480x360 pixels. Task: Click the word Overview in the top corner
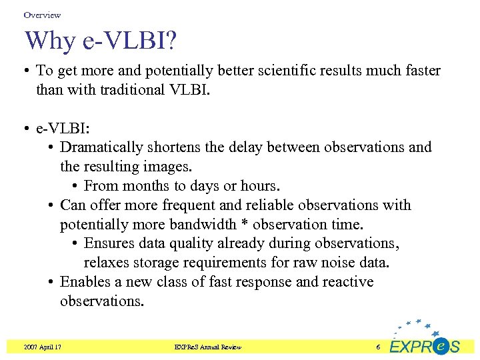point(42,15)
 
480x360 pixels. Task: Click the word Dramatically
point(102,147)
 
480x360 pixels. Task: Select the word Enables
point(83,282)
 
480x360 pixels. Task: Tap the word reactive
point(348,282)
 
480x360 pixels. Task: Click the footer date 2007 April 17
point(42,347)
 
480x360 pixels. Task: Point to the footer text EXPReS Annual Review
point(207,347)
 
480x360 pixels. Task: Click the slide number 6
point(377,347)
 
